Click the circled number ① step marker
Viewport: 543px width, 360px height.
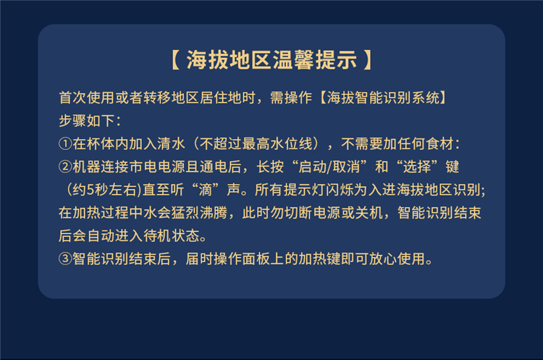click(65, 144)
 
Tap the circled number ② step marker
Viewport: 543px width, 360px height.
click(65, 167)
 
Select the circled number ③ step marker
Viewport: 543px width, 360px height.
click(65, 259)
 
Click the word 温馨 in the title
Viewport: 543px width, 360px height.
click(294, 59)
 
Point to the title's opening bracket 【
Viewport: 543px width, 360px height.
click(175, 59)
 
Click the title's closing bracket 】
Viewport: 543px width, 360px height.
click(368, 59)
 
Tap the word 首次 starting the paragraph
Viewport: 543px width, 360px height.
click(72, 98)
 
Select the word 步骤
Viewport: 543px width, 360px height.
click(72, 120)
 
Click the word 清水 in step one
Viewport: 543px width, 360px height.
click(172, 144)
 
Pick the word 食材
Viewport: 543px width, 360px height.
click(439, 144)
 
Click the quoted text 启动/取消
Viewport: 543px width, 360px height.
click(329, 167)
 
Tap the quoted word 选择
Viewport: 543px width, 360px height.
click(417, 167)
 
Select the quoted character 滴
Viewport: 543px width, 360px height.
click(206, 190)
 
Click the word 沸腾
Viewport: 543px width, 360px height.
click(214, 213)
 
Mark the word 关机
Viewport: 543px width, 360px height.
click(369, 213)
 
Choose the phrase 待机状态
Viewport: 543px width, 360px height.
click(172, 236)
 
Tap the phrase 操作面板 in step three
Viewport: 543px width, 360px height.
click(242, 259)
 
